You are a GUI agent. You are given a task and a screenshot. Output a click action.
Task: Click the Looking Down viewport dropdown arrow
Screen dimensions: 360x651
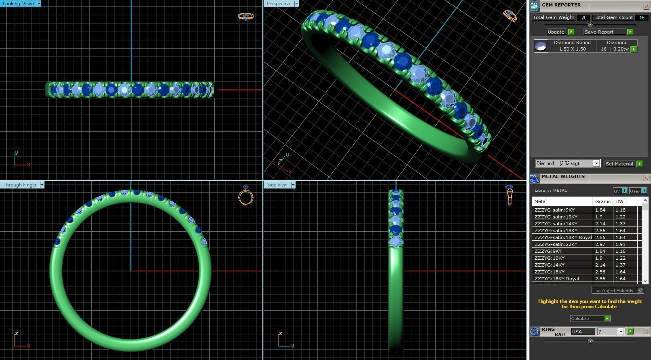click(39, 3)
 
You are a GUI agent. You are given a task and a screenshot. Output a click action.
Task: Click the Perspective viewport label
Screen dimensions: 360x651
click(279, 4)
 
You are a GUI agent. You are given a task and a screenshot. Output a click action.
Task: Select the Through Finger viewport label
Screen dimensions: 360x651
click(20, 185)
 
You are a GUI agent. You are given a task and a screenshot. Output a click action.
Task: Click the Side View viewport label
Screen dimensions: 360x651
click(277, 185)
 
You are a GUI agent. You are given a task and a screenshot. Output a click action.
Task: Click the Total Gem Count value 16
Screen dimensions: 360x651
click(641, 17)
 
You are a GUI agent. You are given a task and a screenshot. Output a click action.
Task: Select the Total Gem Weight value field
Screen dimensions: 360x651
click(583, 17)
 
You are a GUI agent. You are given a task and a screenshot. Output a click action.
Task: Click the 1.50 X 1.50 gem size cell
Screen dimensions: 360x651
click(572, 49)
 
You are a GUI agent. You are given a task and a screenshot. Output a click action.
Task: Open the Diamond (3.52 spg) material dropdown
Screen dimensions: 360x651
click(596, 163)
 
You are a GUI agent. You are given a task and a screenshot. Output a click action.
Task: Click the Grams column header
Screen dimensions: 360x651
click(602, 201)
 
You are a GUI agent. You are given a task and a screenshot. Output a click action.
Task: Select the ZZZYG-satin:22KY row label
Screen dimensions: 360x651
click(556, 244)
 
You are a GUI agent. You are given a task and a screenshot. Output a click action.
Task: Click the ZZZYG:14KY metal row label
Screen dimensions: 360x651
click(550, 265)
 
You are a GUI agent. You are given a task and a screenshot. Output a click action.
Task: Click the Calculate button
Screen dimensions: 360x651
click(590, 319)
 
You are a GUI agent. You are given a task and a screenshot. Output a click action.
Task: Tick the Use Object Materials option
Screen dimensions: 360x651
click(640, 290)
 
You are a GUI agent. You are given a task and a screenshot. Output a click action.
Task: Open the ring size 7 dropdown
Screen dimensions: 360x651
click(621, 332)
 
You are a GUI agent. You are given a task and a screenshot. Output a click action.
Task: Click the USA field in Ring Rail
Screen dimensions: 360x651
click(582, 332)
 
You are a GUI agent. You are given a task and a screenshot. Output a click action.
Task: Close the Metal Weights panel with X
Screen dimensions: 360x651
click(646, 178)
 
